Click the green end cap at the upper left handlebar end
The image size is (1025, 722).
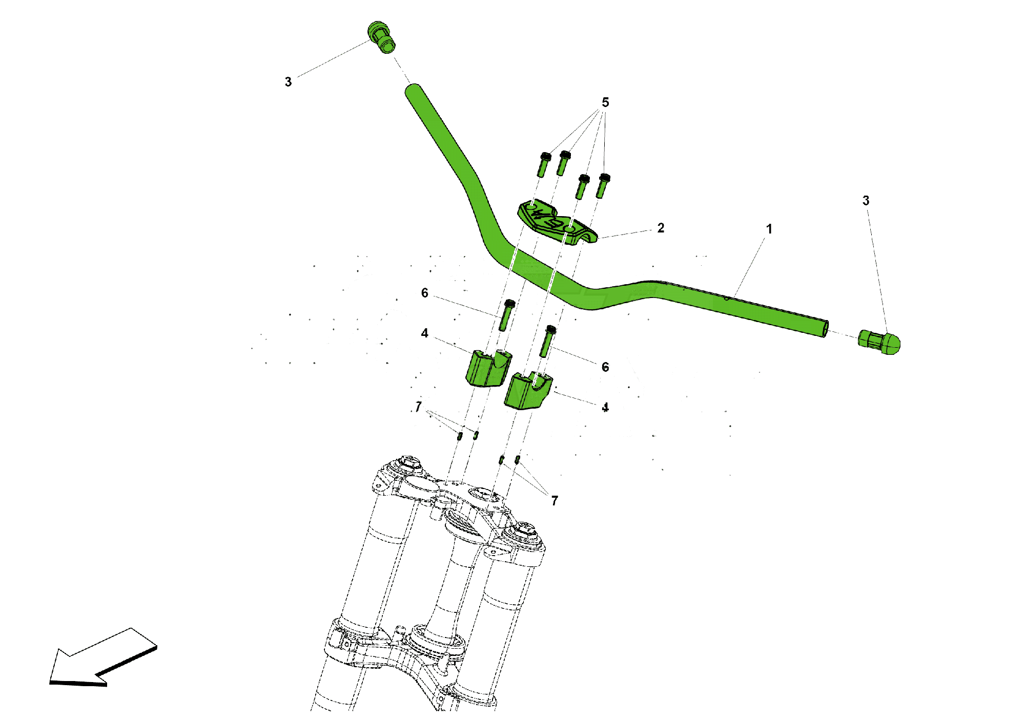coord(381,37)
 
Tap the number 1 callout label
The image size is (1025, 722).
coord(769,229)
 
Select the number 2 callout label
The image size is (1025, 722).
coord(661,228)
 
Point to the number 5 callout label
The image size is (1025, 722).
coord(605,102)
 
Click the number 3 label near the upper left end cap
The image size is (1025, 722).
coord(288,82)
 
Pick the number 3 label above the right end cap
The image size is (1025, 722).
coord(866,201)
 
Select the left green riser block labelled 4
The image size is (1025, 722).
coord(488,368)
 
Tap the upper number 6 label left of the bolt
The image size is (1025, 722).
coord(424,293)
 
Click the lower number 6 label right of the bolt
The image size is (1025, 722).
coord(605,367)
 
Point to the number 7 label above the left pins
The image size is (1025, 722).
coord(419,407)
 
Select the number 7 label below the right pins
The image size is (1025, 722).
coord(555,501)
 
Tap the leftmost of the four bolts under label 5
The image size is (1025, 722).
coord(544,164)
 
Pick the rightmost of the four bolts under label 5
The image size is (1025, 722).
coord(603,186)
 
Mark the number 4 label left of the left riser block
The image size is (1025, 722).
coord(424,333)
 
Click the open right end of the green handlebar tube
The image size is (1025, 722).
coord(825,329)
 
